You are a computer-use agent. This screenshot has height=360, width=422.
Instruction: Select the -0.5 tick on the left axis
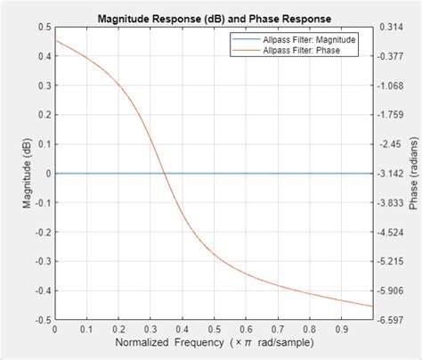coord(39,319)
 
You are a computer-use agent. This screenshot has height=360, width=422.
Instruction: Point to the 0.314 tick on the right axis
coord(388,27)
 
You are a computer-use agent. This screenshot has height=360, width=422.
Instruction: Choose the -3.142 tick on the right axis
coord(389,173)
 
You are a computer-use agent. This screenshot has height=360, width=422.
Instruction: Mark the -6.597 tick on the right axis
coord(389,319)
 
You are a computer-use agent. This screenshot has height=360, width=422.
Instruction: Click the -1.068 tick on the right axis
coord(389,86)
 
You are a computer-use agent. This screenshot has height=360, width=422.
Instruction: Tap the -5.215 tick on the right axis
coord(389,261)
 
